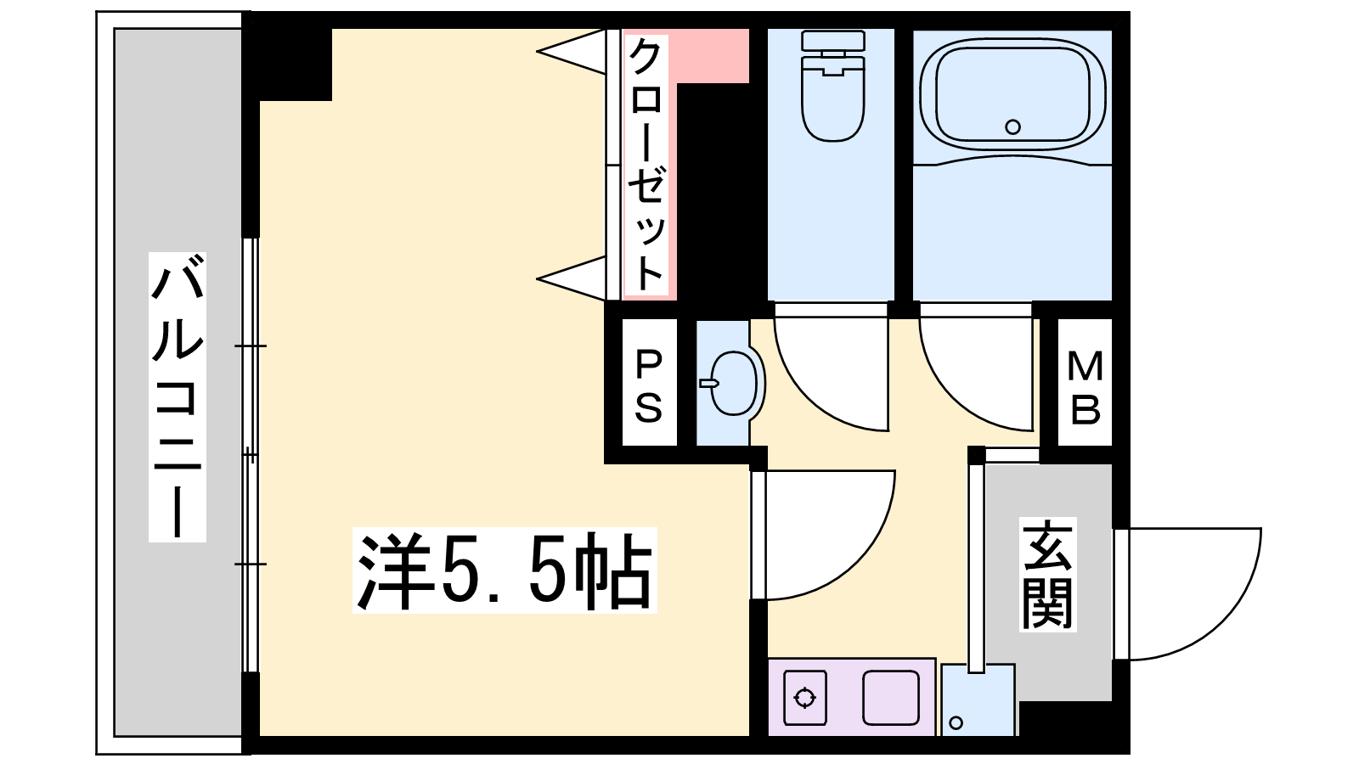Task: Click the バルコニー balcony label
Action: (x=178, y=396)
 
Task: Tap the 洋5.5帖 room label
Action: (x=505, y=570)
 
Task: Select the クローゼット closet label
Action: (x=646, y=165)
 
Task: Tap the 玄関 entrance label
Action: (x=1048, y=574)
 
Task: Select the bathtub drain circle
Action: (x=1012, y=126)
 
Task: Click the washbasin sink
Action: (x=732, y=383)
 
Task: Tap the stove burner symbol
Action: (x=804, y=698)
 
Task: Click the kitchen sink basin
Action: (x=891, y=698)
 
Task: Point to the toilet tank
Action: (x=832, y=41)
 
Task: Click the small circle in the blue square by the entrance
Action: (x=956, y=722)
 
